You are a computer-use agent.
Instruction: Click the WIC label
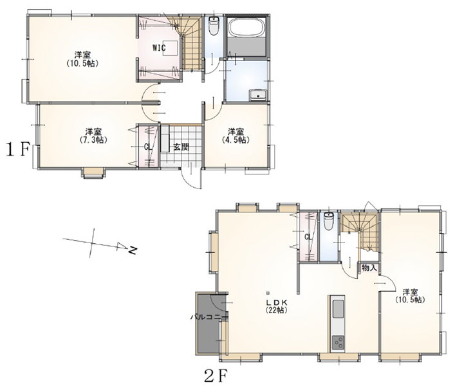[160, 48]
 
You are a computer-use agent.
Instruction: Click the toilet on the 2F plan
[328, 221]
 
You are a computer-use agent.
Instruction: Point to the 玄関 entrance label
[181, 147]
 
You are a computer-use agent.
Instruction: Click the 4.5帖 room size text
[236, 140]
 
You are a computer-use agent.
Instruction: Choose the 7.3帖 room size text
[93, 140]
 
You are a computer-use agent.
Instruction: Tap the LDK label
[277, 302]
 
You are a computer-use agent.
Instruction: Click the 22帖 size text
[277, 310]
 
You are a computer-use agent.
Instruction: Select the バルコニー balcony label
[209, 317]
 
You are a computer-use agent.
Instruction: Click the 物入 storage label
[369, 268]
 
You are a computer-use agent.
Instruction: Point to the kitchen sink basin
[337, 309]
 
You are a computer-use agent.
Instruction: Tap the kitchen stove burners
[337, 344]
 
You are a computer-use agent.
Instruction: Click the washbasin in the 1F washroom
[257, 95]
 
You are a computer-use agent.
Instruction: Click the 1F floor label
[17, 150]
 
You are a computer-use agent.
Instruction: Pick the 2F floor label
[215, 376]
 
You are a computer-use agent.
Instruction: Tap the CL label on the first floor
[148, 147]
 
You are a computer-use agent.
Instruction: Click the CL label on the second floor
[308, 237]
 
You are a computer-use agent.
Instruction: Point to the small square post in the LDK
[268, 292]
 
